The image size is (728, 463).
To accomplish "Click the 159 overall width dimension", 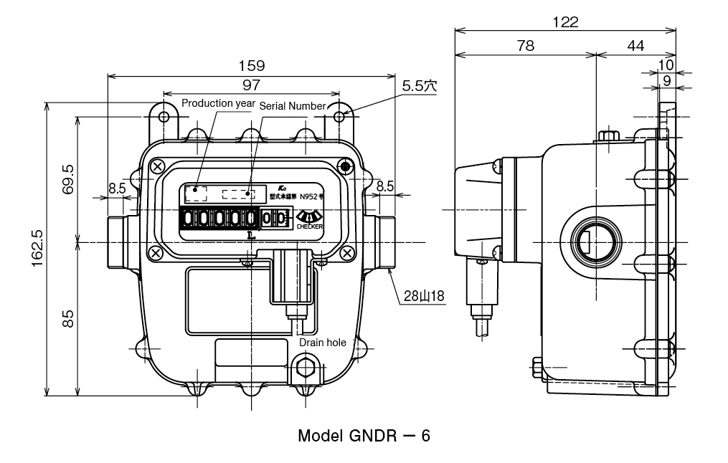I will click(x=251, y=65).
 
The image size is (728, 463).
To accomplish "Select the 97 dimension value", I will click(x=251, y=85).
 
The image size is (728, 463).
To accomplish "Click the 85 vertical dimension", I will click(x=68, y=318).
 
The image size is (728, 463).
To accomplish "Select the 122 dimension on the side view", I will click(x=566, y=22).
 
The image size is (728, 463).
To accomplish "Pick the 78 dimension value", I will click(x=525, y=46).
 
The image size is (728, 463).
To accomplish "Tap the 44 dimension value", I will click(x=635, y=46).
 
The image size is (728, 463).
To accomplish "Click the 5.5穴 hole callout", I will click(x=420, y=85).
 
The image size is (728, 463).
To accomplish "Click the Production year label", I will click(x=217, y=103).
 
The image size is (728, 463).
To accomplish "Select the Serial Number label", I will click(x=292, y=105).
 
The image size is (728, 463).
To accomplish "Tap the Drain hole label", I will click(x=323, y=343).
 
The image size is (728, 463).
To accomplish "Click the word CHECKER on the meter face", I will click(x=309, y=226).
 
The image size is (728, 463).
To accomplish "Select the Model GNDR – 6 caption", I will click(x=364, y=436).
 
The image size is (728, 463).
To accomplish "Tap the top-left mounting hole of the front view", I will click(x=164, y=115).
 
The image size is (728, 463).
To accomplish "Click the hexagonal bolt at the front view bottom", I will click(x=308, y=368).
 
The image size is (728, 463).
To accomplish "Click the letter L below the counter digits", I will click(x=250, y=234).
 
